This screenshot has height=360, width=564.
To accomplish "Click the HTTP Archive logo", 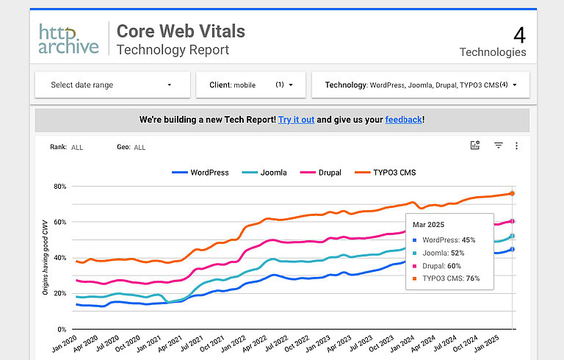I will click(x=68, y=39).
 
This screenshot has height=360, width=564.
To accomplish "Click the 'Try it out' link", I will click(x=296, y=120).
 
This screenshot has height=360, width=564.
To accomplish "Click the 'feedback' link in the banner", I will click(x=403, y=120).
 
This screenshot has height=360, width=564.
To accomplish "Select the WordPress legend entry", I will click(x=200, y=173).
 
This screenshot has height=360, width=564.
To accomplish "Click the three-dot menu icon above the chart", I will click(x=516, y=146).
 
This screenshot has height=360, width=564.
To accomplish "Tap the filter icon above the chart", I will click(x=498, y=146).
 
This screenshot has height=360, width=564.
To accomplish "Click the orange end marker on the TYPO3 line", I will click(x=512, y=193).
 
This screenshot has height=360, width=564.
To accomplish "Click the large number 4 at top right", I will click(x=519, y=35).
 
